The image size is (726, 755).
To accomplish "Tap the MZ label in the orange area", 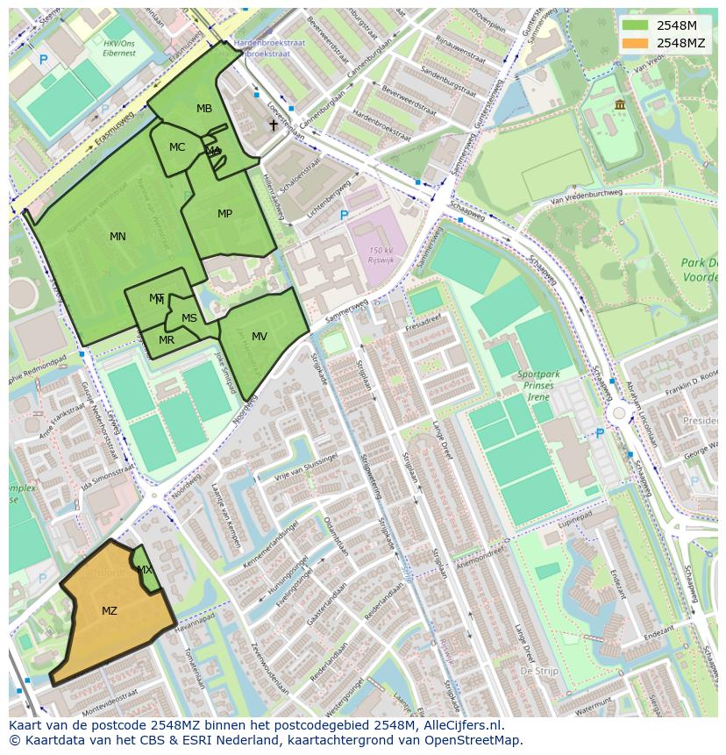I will pos(110,611).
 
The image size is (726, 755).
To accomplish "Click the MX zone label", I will pos(145,570).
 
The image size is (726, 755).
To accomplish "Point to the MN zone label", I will pos(117,237).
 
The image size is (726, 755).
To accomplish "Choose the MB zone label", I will pos(204,109).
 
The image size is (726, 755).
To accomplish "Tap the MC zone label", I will pos(177,147).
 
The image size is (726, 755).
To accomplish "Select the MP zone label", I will pos(224,214).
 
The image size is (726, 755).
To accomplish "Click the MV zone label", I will pos(260,337).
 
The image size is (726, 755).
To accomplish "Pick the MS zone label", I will pos(189,318).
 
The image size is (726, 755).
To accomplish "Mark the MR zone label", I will pos(167,340).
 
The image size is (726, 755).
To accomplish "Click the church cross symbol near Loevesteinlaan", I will pos(273,125).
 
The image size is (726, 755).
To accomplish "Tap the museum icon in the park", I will pos(620,104).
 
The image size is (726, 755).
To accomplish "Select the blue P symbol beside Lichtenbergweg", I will pos(344,215).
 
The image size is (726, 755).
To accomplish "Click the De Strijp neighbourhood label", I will pos(539,670).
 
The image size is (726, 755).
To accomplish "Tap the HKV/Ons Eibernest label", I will pos(119,47).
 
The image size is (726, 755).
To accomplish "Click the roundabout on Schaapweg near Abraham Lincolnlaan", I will pos(619,412).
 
